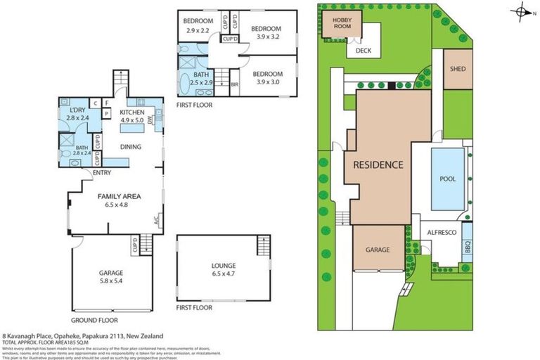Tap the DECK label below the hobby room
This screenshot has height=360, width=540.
pos(363,51)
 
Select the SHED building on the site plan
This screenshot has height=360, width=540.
pos(458,69)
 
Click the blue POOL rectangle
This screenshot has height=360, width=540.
pos(447,179)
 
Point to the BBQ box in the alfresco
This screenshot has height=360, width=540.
pos(468,247)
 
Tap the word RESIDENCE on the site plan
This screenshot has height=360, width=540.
pos(378,165)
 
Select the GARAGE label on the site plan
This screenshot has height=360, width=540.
pos(378,249)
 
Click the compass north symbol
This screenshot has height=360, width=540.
pos(520,11)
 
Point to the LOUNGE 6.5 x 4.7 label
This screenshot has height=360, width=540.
pos(223,270)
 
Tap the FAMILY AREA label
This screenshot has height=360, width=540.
pos(115,202)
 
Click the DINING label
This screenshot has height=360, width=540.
pos(131,147)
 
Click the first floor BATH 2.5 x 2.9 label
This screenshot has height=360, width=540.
pos(201,79)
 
